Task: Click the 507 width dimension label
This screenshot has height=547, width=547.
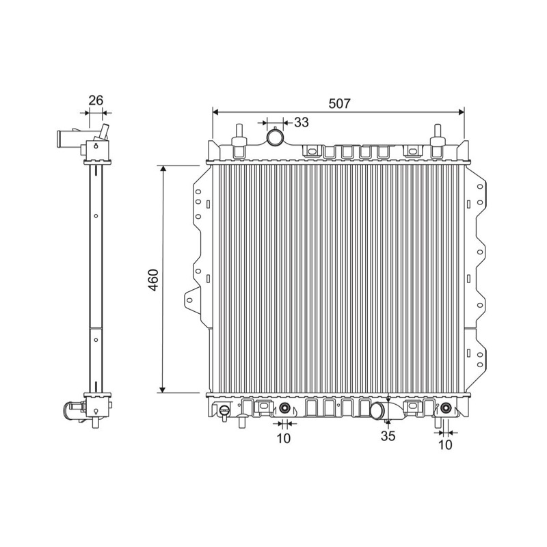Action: (x=339, y=104)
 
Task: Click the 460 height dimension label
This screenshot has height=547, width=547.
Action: (x=153, y=280)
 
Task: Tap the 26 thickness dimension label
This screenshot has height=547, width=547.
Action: (x=96, y=100)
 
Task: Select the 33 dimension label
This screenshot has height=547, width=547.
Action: (x=302, y=122)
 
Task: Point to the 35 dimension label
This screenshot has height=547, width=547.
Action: (x=388, y=436)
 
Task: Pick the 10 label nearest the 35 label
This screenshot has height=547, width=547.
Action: (x=445, y=445)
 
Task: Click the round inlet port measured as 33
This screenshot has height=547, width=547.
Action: (x=276, y=137)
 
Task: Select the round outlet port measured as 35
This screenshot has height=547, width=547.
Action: (x=377, y=411)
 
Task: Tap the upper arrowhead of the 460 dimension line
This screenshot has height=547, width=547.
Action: (x=162, y=168)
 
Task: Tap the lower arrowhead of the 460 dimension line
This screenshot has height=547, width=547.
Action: (x=162, y=389)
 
